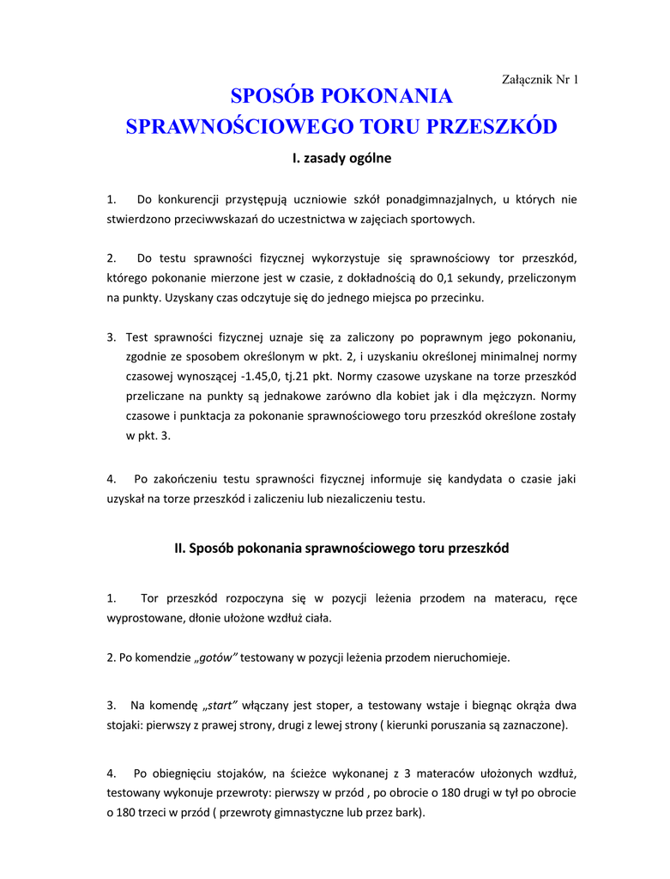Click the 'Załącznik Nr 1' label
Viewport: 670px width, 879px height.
[x=539, y=80]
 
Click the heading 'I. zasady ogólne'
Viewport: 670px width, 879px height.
[x=341, y=158]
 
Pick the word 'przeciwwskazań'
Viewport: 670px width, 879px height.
[x=217, y=219]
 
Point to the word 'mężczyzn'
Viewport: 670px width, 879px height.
[x=505, y=396]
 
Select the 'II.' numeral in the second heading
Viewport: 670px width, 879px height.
[x=180, y=548]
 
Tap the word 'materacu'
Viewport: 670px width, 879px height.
[x=516, y=597]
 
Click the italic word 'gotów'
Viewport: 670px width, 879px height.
[x=216, y=658]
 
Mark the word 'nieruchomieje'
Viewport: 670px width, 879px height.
[x=468, y=658]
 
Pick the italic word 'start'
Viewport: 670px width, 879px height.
[x=221, y=706]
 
